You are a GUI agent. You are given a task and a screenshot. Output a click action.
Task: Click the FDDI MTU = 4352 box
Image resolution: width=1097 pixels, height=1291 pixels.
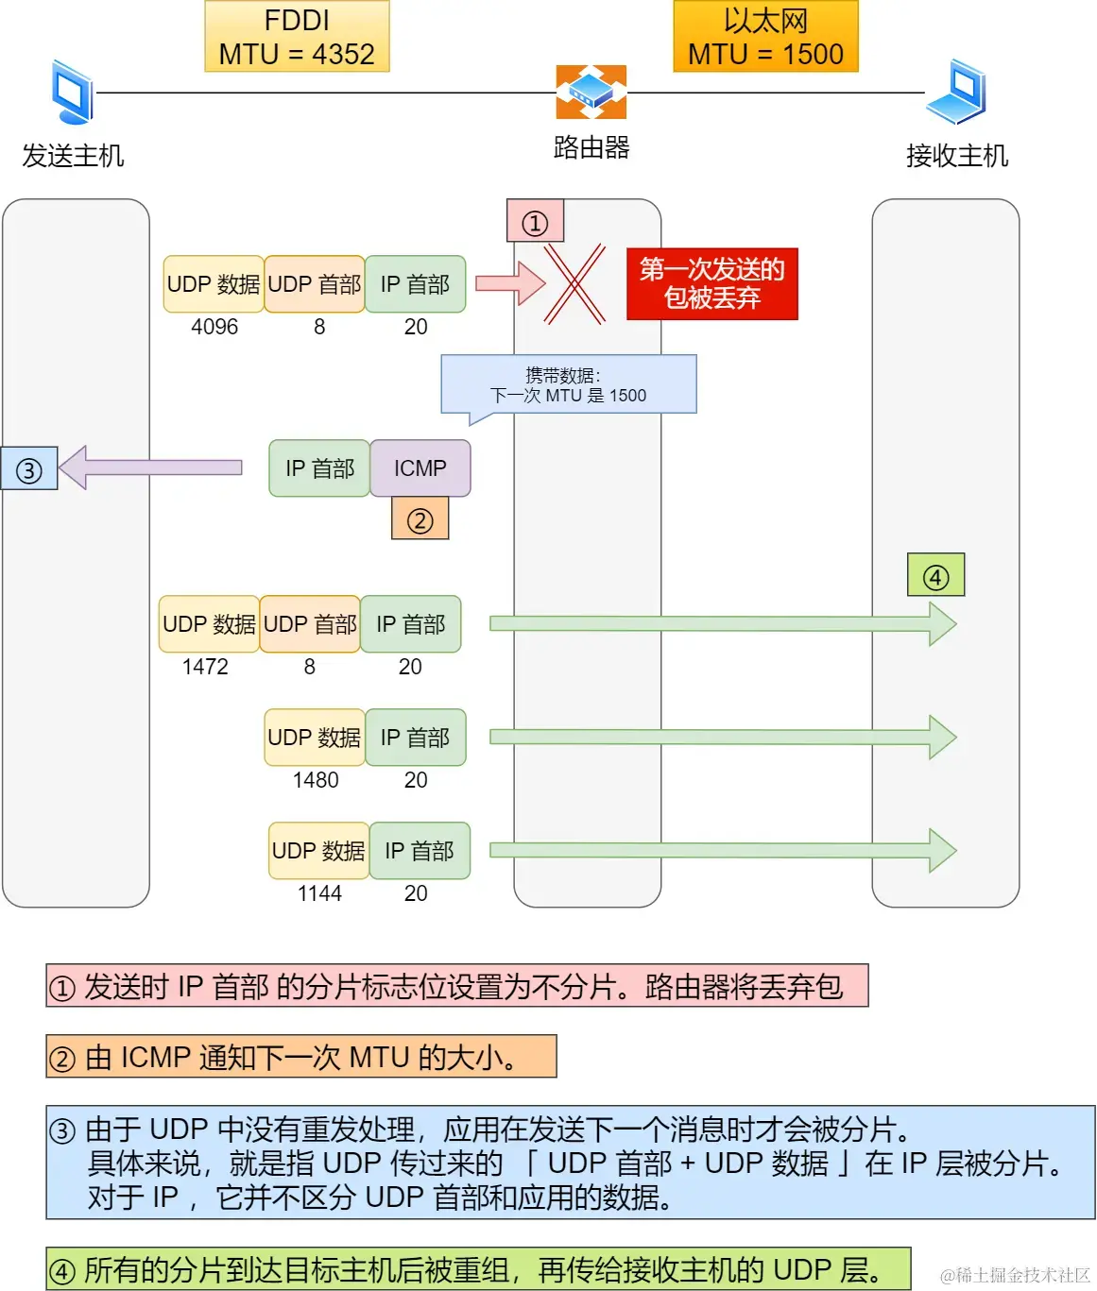(x=297, y=37)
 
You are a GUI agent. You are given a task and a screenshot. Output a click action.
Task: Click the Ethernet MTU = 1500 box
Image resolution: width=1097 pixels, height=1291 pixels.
(x=765, y=37)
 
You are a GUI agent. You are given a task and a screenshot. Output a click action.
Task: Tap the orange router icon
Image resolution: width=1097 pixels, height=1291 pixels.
(x=591, y=92)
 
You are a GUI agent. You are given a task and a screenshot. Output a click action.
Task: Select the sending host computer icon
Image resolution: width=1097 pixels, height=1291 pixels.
(x=72, y=93)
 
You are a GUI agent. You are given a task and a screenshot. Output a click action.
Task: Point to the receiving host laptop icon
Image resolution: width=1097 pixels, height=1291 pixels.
(x=957, y=92)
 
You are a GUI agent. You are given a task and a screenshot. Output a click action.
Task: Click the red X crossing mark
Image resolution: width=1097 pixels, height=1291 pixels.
(x=574, y=283)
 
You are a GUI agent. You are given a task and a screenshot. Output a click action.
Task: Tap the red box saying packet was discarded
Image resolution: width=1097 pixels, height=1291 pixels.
(x=711, y=284)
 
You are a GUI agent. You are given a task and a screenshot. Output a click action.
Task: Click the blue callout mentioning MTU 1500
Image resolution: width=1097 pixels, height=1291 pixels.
(x=569, y=385)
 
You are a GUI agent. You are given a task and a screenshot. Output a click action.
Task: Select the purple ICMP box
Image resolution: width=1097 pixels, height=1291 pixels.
(x=420, y=468)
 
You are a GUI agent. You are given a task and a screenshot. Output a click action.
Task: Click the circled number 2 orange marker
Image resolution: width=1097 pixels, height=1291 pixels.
(x=420, y=520)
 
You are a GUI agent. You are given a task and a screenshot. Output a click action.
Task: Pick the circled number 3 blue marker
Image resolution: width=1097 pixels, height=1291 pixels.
(x=29, y=469)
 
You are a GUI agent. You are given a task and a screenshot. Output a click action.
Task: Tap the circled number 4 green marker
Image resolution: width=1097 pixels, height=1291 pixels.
(x=935, y=576)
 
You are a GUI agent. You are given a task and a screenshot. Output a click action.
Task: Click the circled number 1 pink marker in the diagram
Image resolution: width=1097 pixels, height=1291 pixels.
(x=535, y=223)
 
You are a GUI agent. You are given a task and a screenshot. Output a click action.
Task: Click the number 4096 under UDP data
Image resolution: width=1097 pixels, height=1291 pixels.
(x=214, y=327)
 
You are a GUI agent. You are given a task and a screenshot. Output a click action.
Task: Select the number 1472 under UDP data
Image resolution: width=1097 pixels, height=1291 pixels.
(x=205, y=667)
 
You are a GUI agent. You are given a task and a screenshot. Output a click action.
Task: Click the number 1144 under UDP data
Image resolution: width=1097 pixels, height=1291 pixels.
(x=319, y=893)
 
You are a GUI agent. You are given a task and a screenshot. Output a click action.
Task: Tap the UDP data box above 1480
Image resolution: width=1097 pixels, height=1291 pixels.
(x=315, y=738)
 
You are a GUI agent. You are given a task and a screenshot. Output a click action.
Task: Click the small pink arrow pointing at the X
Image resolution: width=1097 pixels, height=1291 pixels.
(x=509, y=283)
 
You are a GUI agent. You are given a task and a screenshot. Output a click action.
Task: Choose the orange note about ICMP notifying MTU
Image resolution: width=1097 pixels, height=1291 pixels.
(x=301, y=1057)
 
